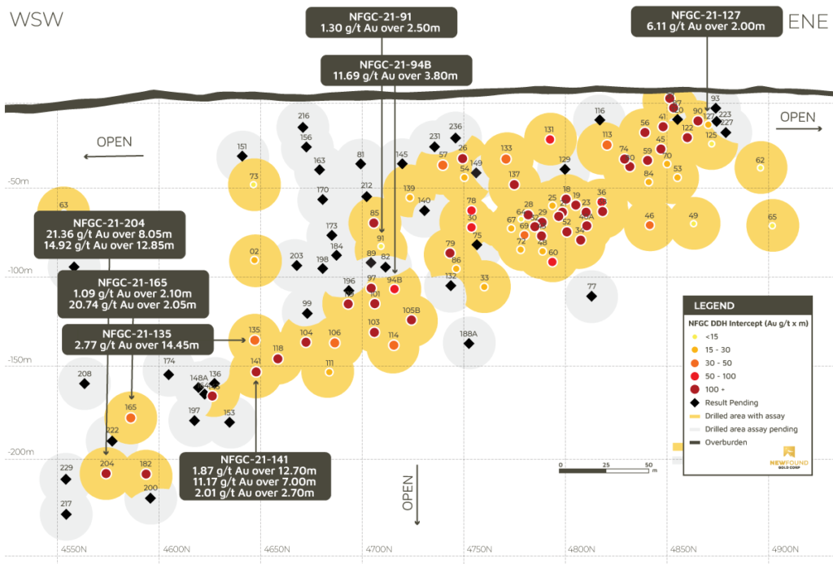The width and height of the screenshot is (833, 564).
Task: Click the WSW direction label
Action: pos(37,20)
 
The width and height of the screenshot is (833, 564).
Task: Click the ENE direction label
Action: pos(807,21)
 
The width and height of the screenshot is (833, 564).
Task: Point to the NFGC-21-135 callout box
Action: pos(137,339)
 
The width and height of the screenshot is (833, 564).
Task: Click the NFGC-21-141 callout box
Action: pos(254,475)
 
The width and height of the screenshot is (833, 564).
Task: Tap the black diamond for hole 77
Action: pos(591,296)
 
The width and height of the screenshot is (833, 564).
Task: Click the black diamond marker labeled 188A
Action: pos(469,343)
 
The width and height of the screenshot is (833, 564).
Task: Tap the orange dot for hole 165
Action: pos(130,417)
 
